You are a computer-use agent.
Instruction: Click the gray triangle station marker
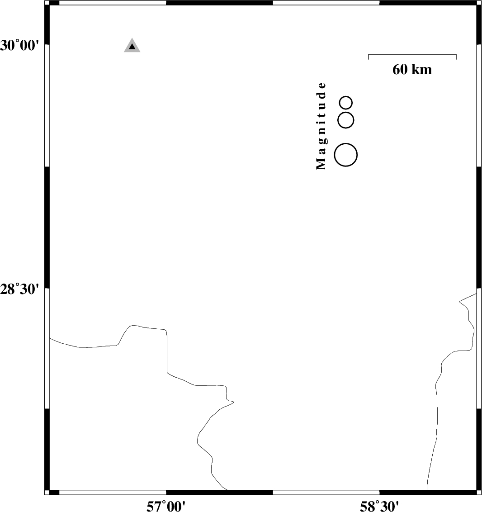132,46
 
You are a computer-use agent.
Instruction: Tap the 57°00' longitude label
166,506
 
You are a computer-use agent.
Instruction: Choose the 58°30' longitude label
379,506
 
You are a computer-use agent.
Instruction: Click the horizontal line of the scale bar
412,54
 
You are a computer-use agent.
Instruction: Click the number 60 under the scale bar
399,70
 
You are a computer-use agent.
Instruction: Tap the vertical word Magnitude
321,126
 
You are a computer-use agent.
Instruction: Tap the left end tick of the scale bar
369,57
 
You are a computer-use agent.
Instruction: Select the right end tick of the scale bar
456,57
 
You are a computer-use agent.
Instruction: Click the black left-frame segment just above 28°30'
47,227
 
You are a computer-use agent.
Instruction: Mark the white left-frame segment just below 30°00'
47,105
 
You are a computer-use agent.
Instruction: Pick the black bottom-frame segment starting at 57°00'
219,492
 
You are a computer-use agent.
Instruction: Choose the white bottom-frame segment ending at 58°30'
326,492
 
